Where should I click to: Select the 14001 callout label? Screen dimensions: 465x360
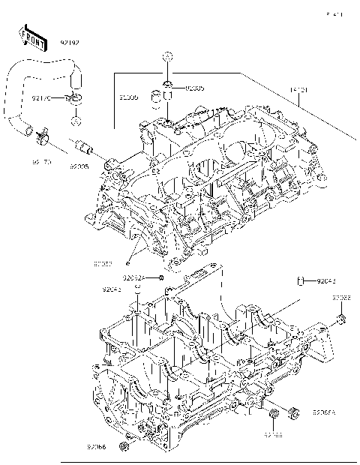[299, 90]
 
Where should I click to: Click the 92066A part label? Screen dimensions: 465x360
[324, 412]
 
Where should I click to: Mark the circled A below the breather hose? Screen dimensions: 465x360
[76, 121]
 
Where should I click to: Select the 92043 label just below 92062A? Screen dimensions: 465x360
[112, 289]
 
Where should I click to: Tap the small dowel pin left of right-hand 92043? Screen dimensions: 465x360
[301, 282]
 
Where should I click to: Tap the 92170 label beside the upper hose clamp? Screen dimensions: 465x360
[41, 97]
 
